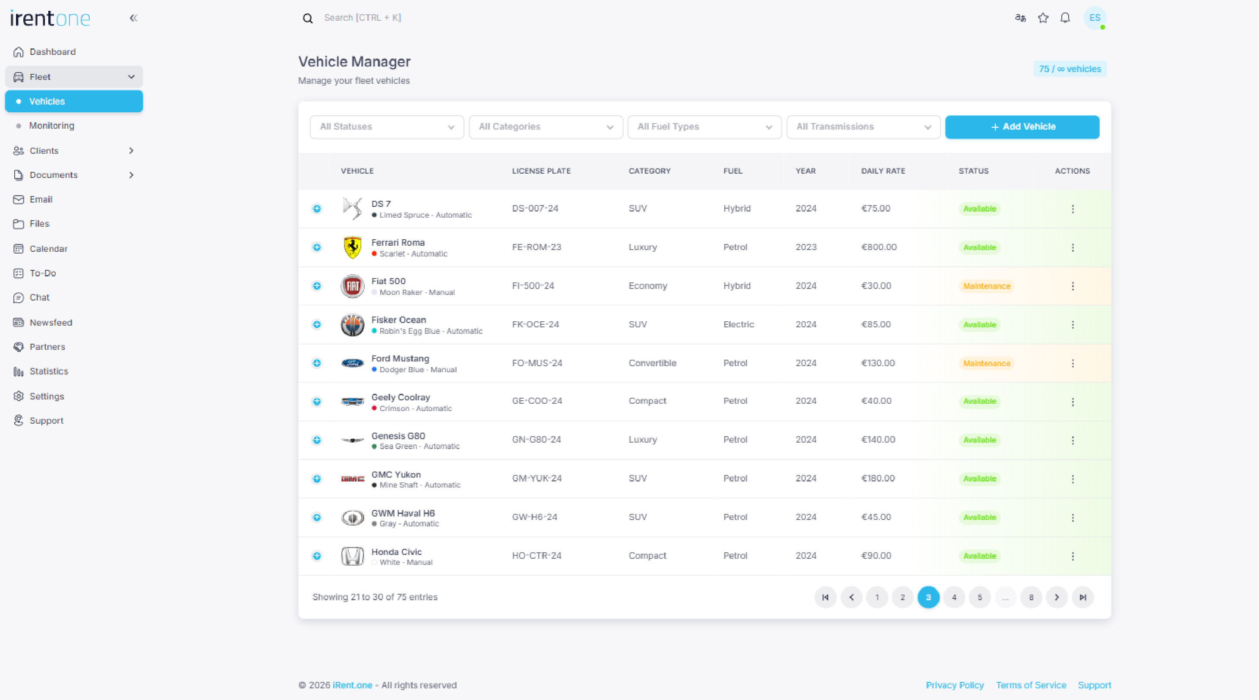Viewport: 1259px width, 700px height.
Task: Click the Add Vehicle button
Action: tap(1022, 127)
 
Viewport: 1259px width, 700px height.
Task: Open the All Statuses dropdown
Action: tap(387, 127)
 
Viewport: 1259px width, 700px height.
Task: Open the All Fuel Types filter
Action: tap(704, 127)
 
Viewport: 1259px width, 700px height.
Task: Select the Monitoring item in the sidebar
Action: tap(51, 126)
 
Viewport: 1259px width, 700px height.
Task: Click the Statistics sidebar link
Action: tap(48, 371)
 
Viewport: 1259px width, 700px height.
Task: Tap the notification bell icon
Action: tap(1065, 18)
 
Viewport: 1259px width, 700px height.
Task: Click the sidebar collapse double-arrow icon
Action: tap(133, 18)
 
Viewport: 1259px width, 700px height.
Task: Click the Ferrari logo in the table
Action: tap(352, 247)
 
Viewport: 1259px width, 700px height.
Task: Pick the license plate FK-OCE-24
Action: tap(535, 325)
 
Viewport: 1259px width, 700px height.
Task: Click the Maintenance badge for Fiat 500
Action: tap(986, 286)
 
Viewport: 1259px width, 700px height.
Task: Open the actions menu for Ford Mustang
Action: tap(1072, 363)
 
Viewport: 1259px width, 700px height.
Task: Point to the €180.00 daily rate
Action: tap(878, 478)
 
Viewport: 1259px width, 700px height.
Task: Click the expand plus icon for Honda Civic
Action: tap(317, 556)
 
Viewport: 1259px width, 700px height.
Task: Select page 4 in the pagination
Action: tap(953, 597)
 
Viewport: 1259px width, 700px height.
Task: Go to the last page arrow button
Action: tap(1082, 597)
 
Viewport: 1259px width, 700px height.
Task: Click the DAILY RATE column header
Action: tap(883, 171)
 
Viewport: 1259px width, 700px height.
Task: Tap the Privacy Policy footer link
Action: tap(955, 685)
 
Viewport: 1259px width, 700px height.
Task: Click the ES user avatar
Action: tap(1094, 18)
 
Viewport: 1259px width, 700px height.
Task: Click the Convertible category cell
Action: tap(652, 363)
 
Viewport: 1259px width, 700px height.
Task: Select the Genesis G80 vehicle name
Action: tap(398, 436)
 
